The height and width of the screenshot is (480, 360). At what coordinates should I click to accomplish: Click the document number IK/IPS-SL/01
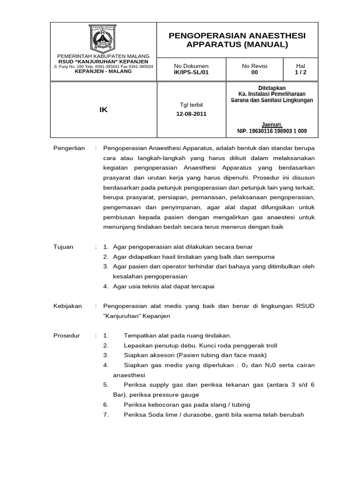pyautogui.click(x=191, y=73)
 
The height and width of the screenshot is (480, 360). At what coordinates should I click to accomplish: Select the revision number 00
pyautogui.click(x=255, y=73)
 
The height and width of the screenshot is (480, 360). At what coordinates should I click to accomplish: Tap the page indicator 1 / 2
pyautogui.click(x=300, y=73)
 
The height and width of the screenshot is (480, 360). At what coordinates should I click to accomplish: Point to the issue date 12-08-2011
pyautogui.click(x=191, y=113)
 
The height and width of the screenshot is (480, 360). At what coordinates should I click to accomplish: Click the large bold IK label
pyautogui.click(x=103, y=109)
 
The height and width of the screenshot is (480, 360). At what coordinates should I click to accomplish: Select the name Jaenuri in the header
pyautogui.click(x=272, y=125)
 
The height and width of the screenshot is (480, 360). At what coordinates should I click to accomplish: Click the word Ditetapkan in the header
pyautogui.click(x=272, y=88)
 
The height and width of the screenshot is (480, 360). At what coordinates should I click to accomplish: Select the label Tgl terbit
pyautogui.click(x=191, y=105)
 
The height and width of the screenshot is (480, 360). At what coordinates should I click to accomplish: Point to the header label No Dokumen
pyautogui.click(x=191, y=66)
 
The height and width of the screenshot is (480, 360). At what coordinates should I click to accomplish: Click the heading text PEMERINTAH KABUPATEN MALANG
pyautogui.click(x=103, y=56)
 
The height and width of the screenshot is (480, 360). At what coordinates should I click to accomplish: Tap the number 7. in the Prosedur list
pyautogui.click(x=106, y=415)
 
